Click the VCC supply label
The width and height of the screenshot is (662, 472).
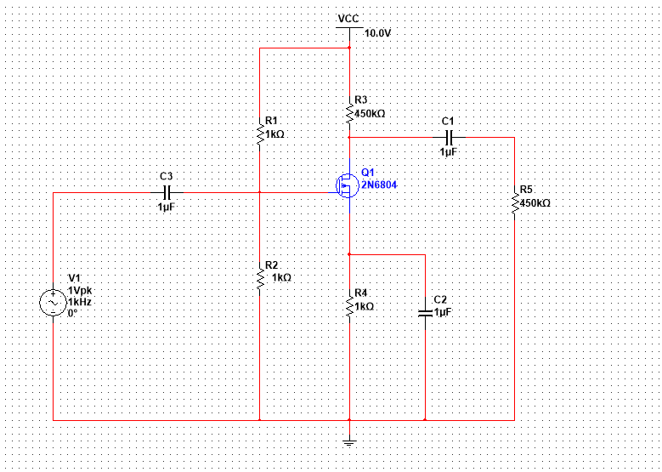(x=349, y=19)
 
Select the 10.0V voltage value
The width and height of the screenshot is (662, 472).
(x=378, y=33)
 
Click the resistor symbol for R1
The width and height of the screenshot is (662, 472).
(x=260, y=134)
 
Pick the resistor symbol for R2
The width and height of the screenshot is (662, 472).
(x=260, y=277)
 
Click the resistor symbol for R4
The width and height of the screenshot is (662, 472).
(x=349, y=307)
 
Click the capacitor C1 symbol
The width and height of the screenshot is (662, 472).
(x=450, y=137)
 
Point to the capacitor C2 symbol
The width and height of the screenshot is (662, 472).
(x=425, y=313)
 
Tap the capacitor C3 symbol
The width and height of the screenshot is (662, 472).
(x=167, y=193)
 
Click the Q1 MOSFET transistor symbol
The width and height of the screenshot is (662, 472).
(x=347, y=185)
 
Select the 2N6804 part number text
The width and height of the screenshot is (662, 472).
(x=379, y=185)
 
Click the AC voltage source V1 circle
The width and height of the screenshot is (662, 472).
(x=54, y=303)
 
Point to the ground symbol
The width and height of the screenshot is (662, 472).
(x=349, y=444)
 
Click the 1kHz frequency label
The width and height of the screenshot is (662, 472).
(x=80, y=302)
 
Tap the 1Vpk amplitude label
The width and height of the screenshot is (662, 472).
(x=80, y=291)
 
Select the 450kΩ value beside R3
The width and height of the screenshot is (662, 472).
(x=371, y=114)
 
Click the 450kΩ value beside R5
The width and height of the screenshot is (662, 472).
(x=535, y=203)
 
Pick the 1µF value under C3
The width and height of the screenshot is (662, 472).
(x=167, y=208)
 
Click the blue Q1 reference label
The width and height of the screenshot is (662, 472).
(x=368, y=173)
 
